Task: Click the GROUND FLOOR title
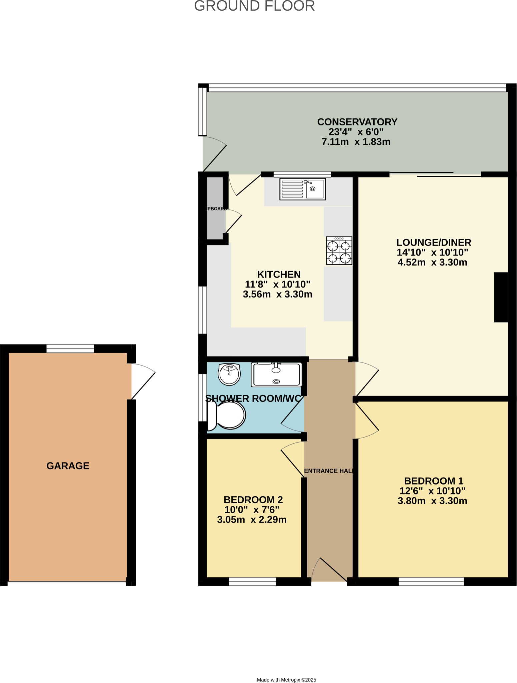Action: (254, 6)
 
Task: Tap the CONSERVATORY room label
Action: (357, 122)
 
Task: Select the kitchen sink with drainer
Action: (302, 189)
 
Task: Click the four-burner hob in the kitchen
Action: (339, 251)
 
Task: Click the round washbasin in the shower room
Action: (229, 374)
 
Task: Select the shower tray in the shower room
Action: (276, 375)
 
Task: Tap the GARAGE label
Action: (68, 466)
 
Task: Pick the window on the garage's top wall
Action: (70, 349)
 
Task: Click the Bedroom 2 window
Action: (253, 582)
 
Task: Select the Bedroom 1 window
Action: (431, 582)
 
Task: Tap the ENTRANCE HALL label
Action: (329, 471)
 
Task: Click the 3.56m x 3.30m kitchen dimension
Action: (277, 294)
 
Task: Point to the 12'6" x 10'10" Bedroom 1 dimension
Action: (432, 491)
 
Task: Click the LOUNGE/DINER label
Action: (434, 242)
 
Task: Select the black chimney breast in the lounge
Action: (501, 297)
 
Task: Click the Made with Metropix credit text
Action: (286, 680)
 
